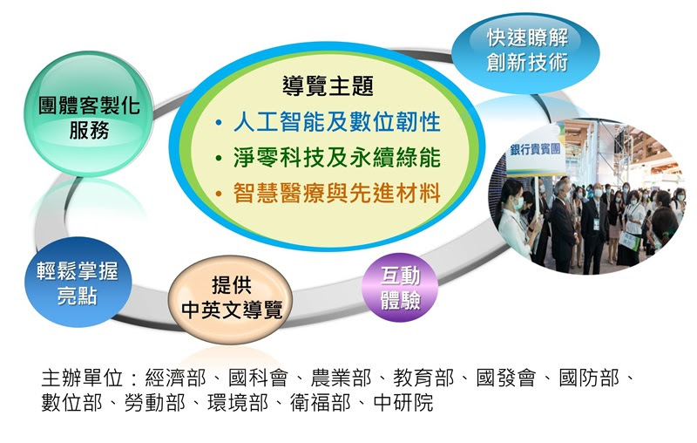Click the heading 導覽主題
[328, 85]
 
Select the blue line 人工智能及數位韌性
[337, 122]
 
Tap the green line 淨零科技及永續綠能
[337, 158]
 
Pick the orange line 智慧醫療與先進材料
[337, 194]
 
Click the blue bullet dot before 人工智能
[219, 123]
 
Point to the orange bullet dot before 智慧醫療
[219, 194]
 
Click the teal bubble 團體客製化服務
[89, 114]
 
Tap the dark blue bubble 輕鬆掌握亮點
[78, 282]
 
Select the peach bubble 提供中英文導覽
[231, 299]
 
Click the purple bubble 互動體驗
[400, 287]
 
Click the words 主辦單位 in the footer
[82, 378]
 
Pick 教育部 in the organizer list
[423, 378]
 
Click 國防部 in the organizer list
[589, 378]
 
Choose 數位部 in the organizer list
[71, 403]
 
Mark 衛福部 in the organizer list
[320, 403]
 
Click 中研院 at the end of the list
[403, 403]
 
